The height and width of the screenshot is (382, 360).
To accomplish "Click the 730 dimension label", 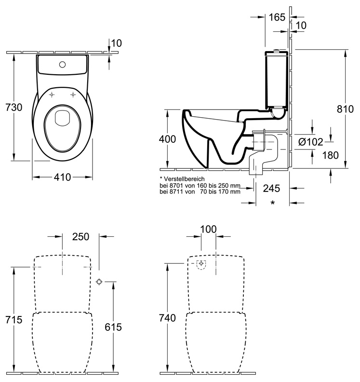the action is coord(14,107).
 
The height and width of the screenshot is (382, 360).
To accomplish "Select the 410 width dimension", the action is coord(62,177).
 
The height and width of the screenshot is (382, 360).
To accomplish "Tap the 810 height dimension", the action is coord(345,109).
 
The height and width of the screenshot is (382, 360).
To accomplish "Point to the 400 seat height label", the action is coord(167,139).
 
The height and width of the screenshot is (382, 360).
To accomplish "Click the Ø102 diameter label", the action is coord(311,142).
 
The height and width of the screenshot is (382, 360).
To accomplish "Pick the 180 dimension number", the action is coord(330,155).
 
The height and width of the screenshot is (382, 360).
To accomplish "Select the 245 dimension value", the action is coord(271,188).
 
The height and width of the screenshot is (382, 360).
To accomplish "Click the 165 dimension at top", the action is coord(277,17).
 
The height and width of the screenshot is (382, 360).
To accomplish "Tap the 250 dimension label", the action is coord(80,236).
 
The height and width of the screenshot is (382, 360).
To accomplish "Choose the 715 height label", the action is coord(14,319).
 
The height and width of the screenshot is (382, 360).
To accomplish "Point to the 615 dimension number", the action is coord(113,327).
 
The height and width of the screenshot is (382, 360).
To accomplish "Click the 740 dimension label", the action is coord(167,318).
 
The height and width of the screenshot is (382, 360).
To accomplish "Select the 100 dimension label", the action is coord(208,229).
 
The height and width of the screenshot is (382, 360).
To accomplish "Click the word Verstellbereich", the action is coord(184,179).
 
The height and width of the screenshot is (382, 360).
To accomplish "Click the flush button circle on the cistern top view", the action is coord(62,65).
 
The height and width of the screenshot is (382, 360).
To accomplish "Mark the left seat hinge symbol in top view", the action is coord(52,95).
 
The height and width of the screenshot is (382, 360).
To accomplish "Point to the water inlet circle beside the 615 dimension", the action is coord(99,282).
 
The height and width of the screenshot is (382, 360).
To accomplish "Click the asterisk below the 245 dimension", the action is coord(273,203).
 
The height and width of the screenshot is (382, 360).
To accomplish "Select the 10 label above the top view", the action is coord(116,43).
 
